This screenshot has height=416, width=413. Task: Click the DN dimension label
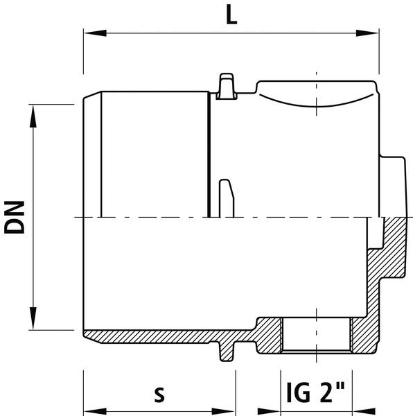15,217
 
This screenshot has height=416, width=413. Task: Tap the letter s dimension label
159,395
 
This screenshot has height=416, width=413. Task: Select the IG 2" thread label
315,392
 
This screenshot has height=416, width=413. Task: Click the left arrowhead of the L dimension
95,33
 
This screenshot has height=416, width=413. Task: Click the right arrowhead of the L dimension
367,33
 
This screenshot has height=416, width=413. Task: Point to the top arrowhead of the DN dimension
33,116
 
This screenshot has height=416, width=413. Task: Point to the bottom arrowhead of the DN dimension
33,319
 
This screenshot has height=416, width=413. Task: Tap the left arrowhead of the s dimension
95,412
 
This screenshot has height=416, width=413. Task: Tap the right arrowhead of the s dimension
224,412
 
